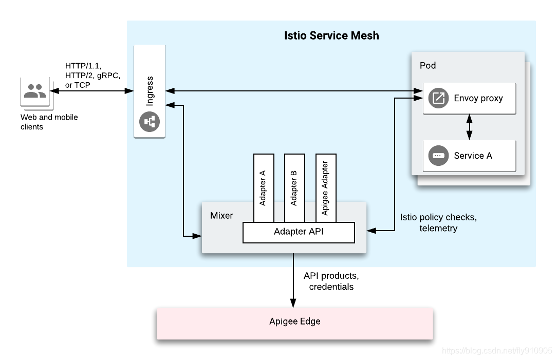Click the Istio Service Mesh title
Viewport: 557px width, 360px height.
331,35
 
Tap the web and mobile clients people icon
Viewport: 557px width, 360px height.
35,91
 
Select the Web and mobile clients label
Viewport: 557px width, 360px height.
49,122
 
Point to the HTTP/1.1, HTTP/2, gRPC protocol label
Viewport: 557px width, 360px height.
92,75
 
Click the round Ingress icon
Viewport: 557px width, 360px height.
150,122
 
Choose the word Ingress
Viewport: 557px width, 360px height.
150,91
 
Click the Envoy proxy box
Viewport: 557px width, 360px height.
469,98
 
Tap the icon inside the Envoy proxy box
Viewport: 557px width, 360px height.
438,98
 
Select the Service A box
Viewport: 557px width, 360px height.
469,156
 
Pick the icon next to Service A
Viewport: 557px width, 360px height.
438,156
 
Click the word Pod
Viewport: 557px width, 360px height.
428,66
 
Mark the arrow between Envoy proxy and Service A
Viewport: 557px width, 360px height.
469,127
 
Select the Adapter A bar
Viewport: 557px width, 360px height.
264,188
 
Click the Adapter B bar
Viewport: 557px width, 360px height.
294,188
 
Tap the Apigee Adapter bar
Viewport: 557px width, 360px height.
326,188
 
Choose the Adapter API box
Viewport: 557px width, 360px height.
299,232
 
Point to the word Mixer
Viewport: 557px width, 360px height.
221,215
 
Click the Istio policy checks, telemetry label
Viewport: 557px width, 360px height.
438,222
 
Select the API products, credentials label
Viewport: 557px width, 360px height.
331,281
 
